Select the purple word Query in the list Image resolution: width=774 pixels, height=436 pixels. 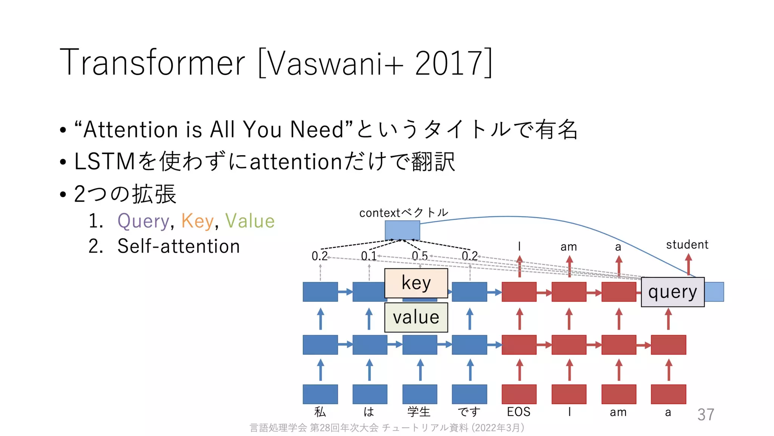point(143,221)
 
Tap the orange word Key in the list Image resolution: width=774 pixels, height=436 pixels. point(197,221)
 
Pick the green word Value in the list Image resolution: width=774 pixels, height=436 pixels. point(250,221)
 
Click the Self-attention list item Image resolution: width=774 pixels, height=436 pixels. point(178,246)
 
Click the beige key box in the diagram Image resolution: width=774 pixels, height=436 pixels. point(416,283)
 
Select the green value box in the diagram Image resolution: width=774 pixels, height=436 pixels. point(416,317)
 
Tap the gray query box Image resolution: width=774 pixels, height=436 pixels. point(672,292)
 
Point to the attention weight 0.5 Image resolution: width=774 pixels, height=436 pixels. point(420,256)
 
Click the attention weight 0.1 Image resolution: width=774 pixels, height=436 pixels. point(368,256)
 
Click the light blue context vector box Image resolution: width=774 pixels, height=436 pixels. point(402,230)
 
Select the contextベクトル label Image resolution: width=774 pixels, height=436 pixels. point(403,213)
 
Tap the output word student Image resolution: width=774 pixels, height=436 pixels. point(687,245)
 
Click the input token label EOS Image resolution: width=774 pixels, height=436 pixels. point(519,412)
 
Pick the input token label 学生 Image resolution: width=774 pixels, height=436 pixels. point(419,412)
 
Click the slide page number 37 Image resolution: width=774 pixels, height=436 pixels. point(706,414)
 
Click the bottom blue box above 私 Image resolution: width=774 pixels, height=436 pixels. point(320,394)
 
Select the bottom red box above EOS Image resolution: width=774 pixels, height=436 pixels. point(519,394)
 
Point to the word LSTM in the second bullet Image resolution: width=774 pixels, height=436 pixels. point(105,162)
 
